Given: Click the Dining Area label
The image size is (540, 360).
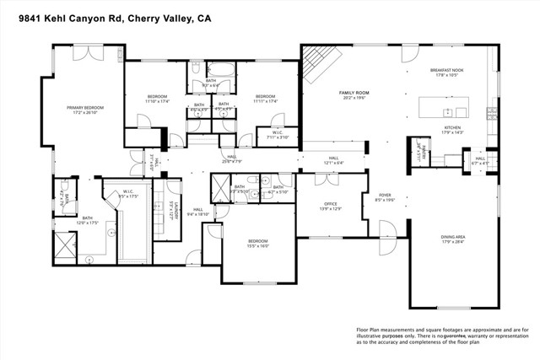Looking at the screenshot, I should [452, 239].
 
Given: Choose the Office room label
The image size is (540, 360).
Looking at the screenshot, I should [331, 205].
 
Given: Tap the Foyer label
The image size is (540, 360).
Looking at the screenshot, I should [384, 197].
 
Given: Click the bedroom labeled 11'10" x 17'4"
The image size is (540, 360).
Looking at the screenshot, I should [157, 99].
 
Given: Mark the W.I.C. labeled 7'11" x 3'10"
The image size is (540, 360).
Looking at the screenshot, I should [277, 134].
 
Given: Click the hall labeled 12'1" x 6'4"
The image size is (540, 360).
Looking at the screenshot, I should [332, 161].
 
